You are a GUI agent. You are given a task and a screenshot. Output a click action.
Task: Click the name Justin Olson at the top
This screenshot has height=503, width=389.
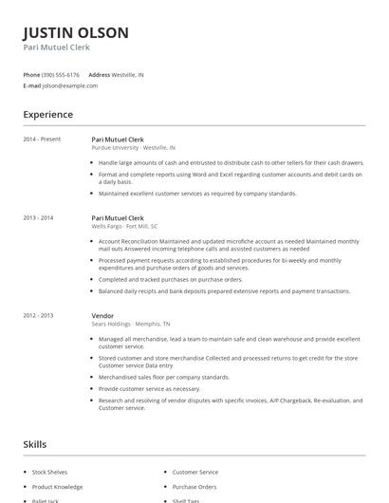pyautogui.click(x=76, y=32)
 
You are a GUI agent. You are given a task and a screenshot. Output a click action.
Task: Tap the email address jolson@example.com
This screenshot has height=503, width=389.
pyautogui.click(x=70, y=85)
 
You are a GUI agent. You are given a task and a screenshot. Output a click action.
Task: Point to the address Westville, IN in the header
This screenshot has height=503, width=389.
pyautogui.click(x=128, y=74)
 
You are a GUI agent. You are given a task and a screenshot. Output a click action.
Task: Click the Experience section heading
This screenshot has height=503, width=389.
pyautogui.click(x=48, y=115)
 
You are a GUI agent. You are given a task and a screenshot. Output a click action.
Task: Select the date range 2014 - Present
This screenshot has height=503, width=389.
pyautogui.click(x=42, y=140)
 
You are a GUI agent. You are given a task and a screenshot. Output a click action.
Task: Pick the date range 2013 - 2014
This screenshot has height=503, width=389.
pyautogui.click(x=39, y=217)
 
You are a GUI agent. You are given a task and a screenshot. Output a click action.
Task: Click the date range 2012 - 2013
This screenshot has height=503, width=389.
pyautogui.click(x=39, y=315)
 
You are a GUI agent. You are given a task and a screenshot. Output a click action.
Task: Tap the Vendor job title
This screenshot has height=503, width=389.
pyautogui.click(x=102, y=315)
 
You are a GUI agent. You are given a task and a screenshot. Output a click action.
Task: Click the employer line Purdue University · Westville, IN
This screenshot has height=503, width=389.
pyautogui.click(x=133, y=148)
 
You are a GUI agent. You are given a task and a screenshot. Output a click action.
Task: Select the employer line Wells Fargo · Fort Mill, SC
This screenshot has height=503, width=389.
pyautogui.click(x=124, y=227)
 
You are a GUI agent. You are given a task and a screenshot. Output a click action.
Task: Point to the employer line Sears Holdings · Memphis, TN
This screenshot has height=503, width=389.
pyautogui.click(x=131, y=324)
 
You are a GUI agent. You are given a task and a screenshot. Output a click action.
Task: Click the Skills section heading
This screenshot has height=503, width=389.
pyautogui.click(x=35, y=444)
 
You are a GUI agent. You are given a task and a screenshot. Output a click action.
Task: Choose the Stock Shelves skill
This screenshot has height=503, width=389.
pyautogui.click(x=50, y=472)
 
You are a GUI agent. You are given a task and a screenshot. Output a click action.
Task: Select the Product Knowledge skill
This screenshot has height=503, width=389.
pyautogui.click(x=57, y=487)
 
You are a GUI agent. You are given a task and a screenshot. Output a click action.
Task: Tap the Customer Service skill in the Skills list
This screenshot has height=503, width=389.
pyautogui.click(x=194, y=472)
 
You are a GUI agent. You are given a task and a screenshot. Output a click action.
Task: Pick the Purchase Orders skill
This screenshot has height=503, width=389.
pyautogui.click(x=194, y=487)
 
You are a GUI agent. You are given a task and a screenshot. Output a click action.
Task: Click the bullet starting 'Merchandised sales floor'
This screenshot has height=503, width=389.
pyautogui.click(x=163, y=377)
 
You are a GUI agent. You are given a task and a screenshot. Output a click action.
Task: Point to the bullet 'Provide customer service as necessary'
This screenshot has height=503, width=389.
pyautogui.click(x=149, y=388)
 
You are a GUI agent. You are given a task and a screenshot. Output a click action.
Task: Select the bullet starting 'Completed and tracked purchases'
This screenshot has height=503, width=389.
pyautogui.click(x=171, y=279)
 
